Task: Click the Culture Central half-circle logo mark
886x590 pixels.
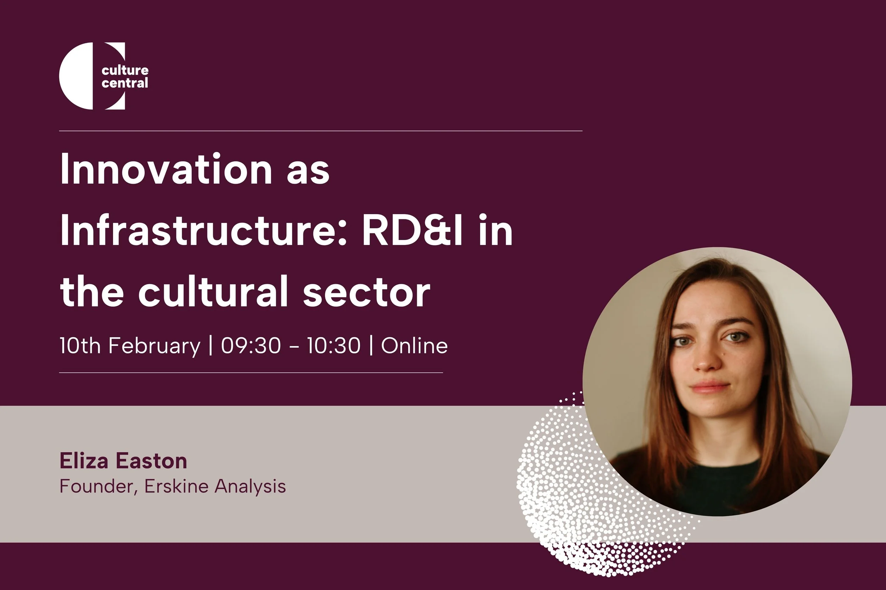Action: point(77,76)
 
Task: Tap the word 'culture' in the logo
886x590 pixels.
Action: point(125,70)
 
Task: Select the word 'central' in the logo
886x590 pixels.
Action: point(125,83)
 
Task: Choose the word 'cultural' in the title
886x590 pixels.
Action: point(213,292)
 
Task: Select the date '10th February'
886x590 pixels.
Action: point(130,345)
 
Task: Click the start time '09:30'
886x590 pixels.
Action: point(251,345)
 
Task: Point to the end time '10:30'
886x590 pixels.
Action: point(333,345)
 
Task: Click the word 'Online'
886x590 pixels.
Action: point(414,345)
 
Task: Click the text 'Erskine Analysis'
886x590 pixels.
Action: point(215,486)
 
